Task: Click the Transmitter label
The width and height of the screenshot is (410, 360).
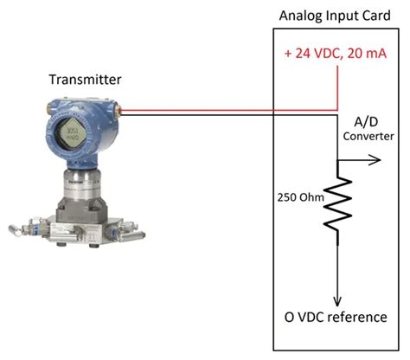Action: [x=84, y=80]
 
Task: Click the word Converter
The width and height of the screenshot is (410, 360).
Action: [x=368, y=137]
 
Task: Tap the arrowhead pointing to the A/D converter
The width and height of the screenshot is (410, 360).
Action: [x=375, y=159]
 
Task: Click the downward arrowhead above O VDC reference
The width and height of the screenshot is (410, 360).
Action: [x=337, y=294]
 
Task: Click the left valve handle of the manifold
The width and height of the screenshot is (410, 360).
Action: [x=19, y=231]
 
